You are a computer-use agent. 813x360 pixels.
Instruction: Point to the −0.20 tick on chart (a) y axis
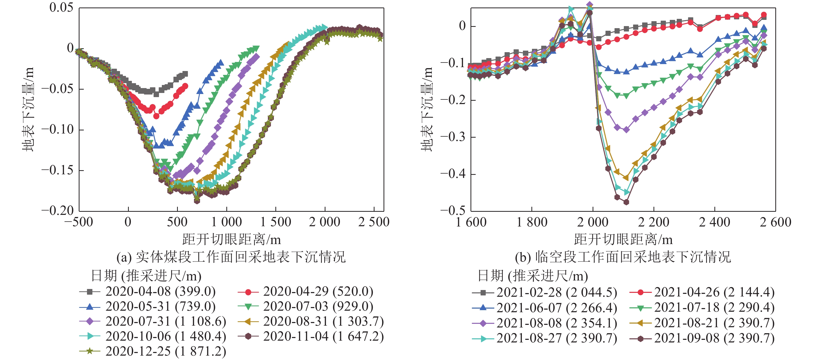click(x=58, y=211)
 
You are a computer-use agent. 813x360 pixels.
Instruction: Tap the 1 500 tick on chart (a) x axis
click(x=276, y=222)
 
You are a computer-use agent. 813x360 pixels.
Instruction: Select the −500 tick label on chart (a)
click(x=79, y=222)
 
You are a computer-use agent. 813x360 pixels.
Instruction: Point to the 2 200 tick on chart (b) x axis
click(x=653, y=222)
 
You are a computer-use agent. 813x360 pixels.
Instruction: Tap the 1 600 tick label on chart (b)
click(x=471, y=222)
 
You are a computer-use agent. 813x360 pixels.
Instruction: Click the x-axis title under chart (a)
click(x=231, y=239)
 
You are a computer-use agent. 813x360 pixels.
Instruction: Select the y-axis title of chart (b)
click(x=427, y=109)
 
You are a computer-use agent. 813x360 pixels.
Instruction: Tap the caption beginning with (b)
click(x=623, y=257)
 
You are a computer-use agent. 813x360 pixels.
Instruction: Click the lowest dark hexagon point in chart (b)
click(x=626, y=202)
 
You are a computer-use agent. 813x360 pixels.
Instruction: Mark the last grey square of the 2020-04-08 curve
click(x=185, y=74)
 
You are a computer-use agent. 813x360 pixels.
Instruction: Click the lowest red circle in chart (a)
click(x=156, y=116)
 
